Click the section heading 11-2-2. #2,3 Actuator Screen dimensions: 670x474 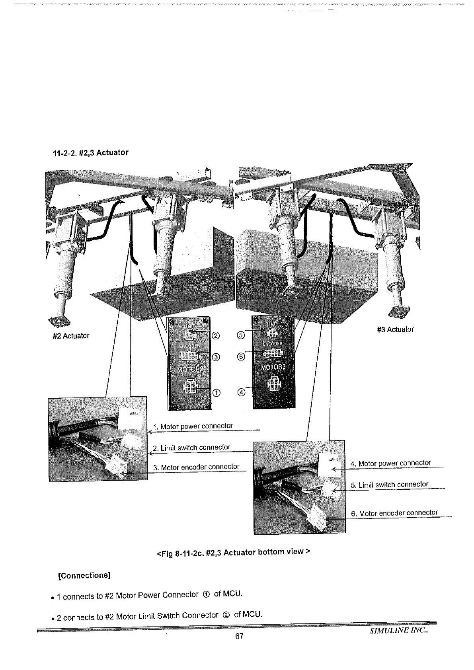tap(91, 153)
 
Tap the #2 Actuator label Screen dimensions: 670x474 tap(71, 336)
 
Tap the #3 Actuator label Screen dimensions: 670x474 tap(395, 329)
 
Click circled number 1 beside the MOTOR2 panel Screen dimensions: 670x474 tap(216, 393)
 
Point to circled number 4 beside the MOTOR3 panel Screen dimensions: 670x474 tap(241, 393)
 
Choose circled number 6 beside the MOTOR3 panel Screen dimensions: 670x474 tap(240, 357)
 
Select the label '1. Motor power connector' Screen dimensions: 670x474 tap(196, 427)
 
